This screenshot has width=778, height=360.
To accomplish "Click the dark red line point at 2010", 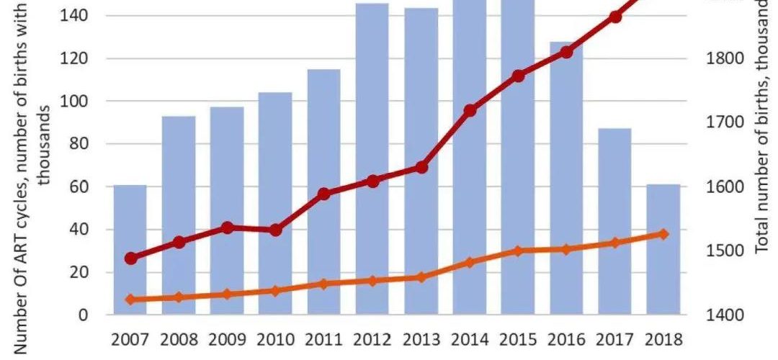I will [x=275, y=230].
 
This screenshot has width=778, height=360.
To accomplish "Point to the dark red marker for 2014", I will [x=470, y=110].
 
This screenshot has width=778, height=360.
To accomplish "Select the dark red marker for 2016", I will [x=566, y=52].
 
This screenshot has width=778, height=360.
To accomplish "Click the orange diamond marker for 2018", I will [x=663, y=234].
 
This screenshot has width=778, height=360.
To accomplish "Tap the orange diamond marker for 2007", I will [x=130, y=300].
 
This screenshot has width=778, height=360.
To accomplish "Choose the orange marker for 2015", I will [x=518, y=251].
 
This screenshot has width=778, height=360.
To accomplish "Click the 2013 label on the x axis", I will [x=421, y=339].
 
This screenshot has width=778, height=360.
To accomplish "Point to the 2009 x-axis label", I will [x=227, y=339].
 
